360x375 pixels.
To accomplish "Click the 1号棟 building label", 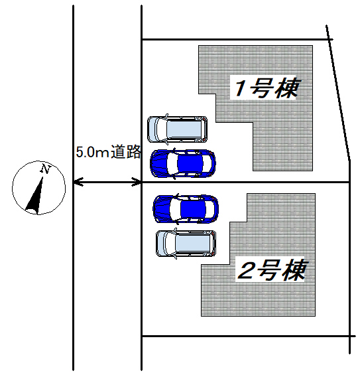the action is (267, 88).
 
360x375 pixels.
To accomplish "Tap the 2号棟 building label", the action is (272, 269).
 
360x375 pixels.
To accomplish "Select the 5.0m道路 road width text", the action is (108, 151).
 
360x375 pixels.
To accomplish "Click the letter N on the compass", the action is (45, 169).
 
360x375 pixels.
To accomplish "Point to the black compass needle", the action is (36, 196).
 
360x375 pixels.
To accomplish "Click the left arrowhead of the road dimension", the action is (78, 183).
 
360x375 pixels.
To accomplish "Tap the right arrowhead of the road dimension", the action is (137, 183).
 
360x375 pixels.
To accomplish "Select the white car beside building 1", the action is (177, 129).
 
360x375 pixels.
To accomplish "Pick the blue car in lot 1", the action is (183, 163).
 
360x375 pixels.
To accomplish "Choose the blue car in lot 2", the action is (186, 209).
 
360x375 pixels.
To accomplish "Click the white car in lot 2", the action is (186, 244).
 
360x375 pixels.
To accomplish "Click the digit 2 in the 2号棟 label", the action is (245, 271).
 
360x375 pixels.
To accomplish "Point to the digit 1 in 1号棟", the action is (240, 88).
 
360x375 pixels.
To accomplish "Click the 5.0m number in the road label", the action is (92, 152).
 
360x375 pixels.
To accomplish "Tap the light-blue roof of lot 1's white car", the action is (184, 129).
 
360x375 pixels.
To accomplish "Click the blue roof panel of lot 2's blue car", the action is (193, 208).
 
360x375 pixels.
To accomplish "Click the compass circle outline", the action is (38, 161).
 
